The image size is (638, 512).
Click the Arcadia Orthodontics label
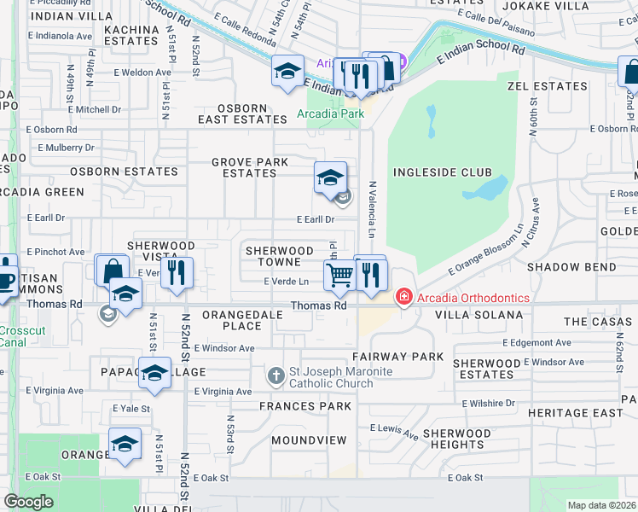click(473, 298)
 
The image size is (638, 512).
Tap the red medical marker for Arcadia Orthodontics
click(403, 298)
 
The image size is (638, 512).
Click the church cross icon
click(275, 375)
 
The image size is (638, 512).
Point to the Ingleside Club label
click(432, 172)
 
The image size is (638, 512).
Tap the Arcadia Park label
click(330, 113)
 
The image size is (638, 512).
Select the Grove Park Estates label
click(244, 167)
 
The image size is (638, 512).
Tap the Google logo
click(28, 501)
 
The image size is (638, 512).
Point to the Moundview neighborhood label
click(309, 440)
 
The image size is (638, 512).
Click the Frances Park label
click(305, 406)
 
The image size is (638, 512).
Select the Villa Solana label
click(478, 315)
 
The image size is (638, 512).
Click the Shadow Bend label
click(565, 267)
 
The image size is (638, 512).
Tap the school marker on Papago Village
click(154, 373)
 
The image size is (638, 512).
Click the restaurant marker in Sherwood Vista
click(177, 272)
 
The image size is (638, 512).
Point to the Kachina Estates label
click(132, 34)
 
